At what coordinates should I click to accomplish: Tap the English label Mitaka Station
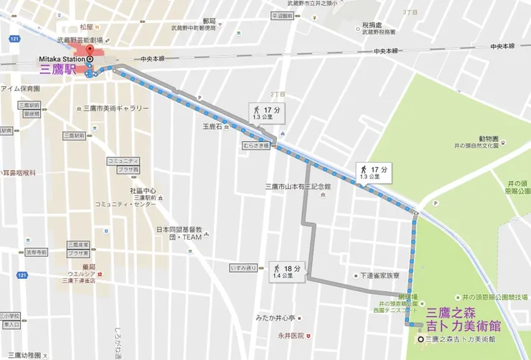pyautogui.click(x=64, y=59)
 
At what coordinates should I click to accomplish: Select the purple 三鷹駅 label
pyautogui.click(x=61, y=71)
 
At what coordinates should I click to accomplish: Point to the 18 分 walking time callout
pyautogui.click(x=287, y=270)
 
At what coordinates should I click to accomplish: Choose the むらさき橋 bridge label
pyautogui.click(x=255, y=145)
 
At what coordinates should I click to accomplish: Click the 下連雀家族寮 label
pyautogui.click(x=383, y=275)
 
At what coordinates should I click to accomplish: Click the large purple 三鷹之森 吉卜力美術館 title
pyautogui.click(x=463, y=318)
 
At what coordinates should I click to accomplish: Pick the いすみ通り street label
pyautogui.click(x=243, y=267)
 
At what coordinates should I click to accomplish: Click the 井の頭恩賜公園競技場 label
pyautogui.click(x=495, y=296)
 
